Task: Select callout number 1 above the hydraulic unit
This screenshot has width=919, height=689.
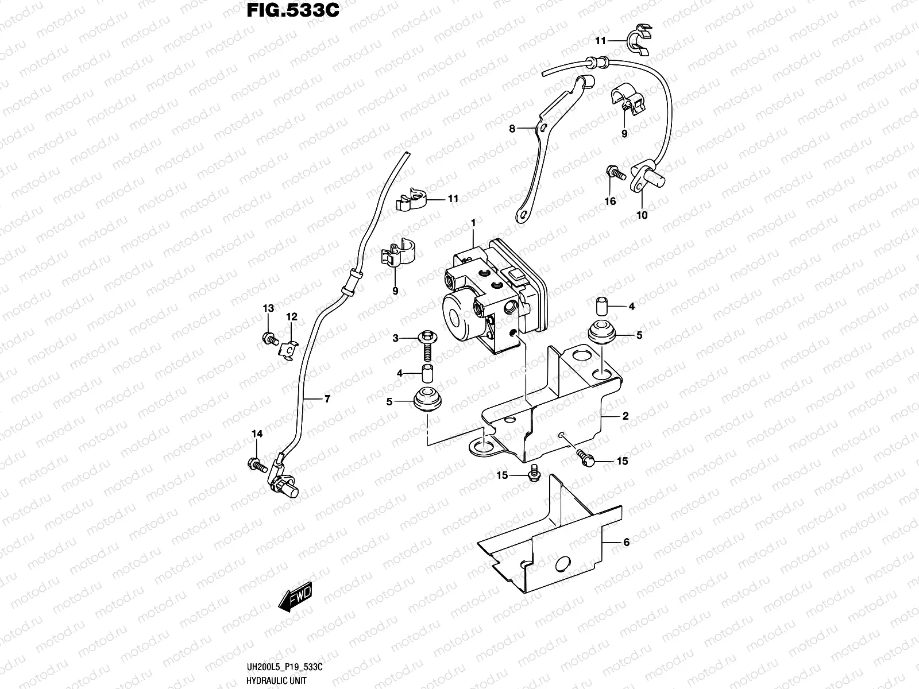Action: (x=473, y=222)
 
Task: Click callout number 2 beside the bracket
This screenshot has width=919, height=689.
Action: (x=625, y=416)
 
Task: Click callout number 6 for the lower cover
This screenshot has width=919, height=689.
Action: (x=626, y=542)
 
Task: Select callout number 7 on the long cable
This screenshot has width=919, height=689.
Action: (x=327, y=398)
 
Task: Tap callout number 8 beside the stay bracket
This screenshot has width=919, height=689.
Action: (x=512, y=129)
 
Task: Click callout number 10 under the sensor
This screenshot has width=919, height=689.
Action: (x=642, y=215)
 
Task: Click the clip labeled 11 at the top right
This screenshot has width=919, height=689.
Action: (x=639, y=42)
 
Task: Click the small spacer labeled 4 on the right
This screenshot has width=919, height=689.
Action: (x=603, y=306)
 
